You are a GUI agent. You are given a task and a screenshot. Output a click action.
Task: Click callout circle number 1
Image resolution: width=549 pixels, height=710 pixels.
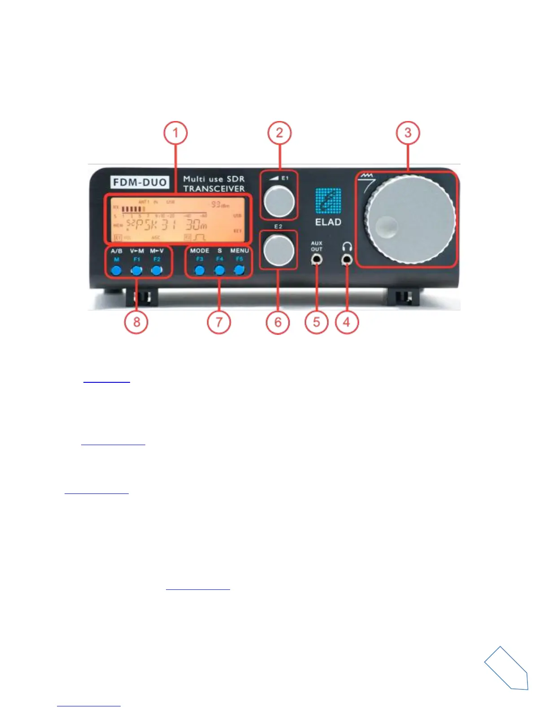click(x=175, y=133)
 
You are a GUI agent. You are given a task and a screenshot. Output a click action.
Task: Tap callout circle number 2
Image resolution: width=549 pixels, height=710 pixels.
click(x=279, y=133)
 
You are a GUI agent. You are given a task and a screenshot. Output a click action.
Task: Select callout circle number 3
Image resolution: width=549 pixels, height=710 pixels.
click(x=408, y=133)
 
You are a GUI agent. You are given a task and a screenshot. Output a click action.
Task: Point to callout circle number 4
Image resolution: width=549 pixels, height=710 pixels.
click(x=346, y=322)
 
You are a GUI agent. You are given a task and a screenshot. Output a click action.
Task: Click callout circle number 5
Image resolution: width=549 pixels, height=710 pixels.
click(x=317, y=322)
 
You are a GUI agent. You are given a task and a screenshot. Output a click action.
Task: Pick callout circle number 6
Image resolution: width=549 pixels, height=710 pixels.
click(x=278, y=322)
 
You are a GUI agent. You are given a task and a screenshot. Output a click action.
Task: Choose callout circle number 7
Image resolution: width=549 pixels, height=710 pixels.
click(x=219, y=322)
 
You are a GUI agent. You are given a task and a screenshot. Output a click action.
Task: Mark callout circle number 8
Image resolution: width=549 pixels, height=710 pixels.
click(x=136, y=322)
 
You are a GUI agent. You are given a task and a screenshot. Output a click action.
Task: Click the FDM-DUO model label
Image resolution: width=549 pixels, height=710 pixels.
click(x=140, y=182)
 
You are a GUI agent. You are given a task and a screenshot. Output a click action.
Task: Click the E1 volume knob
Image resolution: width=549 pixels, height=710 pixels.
click(x=279, y=200)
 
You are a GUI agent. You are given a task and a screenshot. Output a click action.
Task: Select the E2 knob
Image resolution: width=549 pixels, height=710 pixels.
click(x=279, y=250)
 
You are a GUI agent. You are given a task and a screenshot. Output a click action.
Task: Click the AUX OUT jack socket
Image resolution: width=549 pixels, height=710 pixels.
click(x=317, y=259)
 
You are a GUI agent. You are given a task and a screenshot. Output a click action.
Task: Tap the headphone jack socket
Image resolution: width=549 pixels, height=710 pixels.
click(x=346, y=259)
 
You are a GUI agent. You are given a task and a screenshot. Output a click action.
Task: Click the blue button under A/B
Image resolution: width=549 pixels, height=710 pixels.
click(x=117, y=270)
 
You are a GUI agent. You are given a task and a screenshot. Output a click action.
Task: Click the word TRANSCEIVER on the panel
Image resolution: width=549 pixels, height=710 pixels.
click(x=214, y=189)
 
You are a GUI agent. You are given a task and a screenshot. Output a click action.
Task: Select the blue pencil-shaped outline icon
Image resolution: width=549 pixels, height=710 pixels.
click(x=508, y=668)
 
